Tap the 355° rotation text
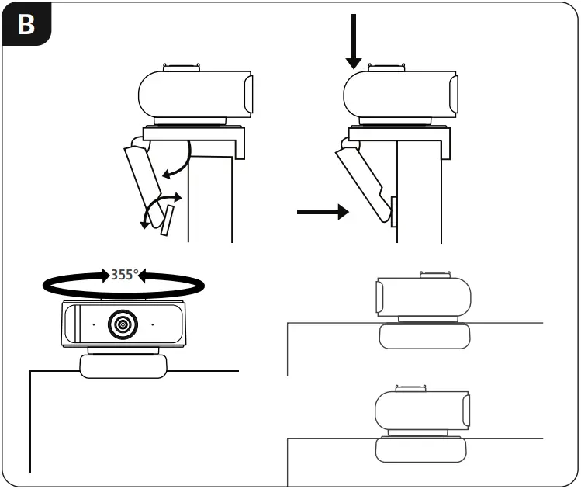124,274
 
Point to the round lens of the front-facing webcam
123,324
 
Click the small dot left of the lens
92,324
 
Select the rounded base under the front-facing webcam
123,366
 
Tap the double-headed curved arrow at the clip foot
157,208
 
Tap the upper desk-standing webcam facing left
423,297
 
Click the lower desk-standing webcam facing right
423,411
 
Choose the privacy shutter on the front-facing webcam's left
72,324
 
